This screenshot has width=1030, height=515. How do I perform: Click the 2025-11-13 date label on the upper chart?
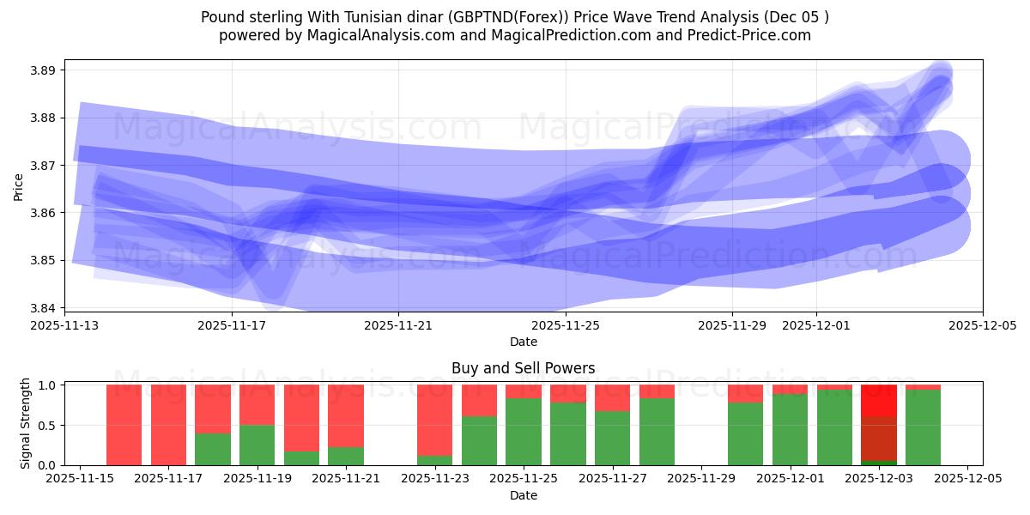click(64, 326)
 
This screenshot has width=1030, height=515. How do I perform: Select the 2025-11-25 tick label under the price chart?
click(565, 326)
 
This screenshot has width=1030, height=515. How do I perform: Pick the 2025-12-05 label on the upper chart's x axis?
click(982, 326)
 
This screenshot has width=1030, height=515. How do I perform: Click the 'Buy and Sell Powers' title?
click(523, 368)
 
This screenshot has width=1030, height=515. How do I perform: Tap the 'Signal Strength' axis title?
click(26, 423)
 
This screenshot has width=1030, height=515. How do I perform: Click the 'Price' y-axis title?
click(19, 186)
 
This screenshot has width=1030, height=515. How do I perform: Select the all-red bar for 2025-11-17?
click(168, 425)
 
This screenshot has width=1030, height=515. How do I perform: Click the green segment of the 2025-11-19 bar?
click(257, 445)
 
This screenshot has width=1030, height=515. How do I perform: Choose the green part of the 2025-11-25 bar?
click(523, 432)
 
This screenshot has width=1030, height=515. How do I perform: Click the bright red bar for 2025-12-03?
click(878, 401)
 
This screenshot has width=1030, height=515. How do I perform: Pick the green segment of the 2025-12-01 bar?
click(790, 429)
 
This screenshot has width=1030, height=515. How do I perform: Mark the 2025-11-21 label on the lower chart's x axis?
click(346, 479)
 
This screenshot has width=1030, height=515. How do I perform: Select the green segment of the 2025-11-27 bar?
click(612, 438)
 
